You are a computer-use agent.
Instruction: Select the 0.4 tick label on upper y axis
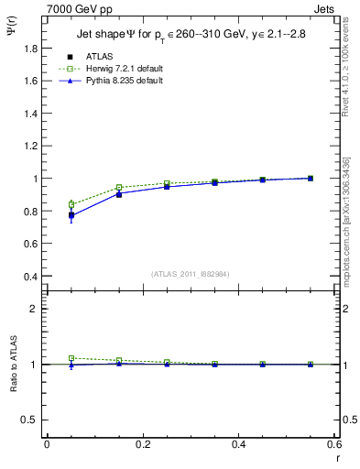31,277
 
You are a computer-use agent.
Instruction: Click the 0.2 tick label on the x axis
143,444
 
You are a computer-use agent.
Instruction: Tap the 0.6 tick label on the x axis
334,444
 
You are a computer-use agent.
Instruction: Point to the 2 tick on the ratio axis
37,309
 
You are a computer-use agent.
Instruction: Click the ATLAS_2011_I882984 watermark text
191,274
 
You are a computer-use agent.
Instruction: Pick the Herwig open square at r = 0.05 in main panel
71,204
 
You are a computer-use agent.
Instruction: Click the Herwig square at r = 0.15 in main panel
119,188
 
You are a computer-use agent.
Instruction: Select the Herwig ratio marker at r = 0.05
71,358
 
